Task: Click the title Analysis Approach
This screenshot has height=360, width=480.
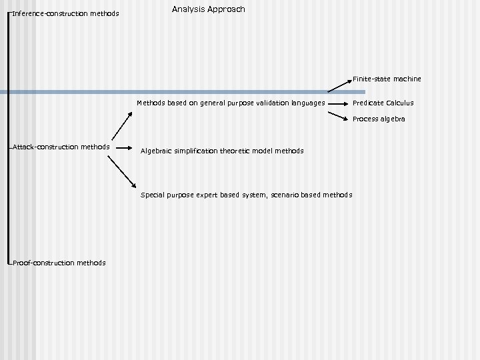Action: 208,9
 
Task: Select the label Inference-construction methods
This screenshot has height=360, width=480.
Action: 65,13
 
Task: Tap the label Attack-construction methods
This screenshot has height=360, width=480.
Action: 61,147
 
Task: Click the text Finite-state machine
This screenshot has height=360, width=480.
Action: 387,79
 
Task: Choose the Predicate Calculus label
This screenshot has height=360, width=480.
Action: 383,103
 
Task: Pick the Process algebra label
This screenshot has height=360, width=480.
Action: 379,119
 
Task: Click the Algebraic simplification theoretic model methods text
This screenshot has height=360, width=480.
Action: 222,151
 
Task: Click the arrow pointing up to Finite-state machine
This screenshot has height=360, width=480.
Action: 339,85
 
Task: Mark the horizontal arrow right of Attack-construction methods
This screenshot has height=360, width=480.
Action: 124,147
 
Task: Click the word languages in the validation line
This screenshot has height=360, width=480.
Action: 309,103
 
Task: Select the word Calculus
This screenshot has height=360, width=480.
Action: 398,103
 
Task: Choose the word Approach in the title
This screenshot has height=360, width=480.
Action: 227,9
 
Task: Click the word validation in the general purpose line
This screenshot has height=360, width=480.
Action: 272,103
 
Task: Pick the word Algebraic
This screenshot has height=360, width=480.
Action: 157,151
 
